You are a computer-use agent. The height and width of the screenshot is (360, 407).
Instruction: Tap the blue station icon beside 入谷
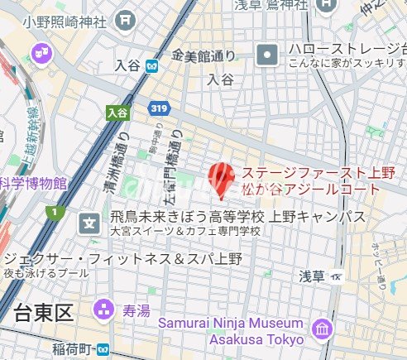[x=151, y=65]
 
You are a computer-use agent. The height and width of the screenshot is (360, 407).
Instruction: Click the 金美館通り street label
[x=203, y=57]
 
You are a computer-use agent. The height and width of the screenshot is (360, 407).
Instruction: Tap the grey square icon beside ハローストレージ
[x=269, y=56]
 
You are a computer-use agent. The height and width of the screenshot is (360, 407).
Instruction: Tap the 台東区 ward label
[x=44, y=312]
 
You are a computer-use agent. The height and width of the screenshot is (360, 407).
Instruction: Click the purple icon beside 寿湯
[x=105, y=311]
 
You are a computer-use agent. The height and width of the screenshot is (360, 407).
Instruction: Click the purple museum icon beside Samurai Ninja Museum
[x=321, y=329]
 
